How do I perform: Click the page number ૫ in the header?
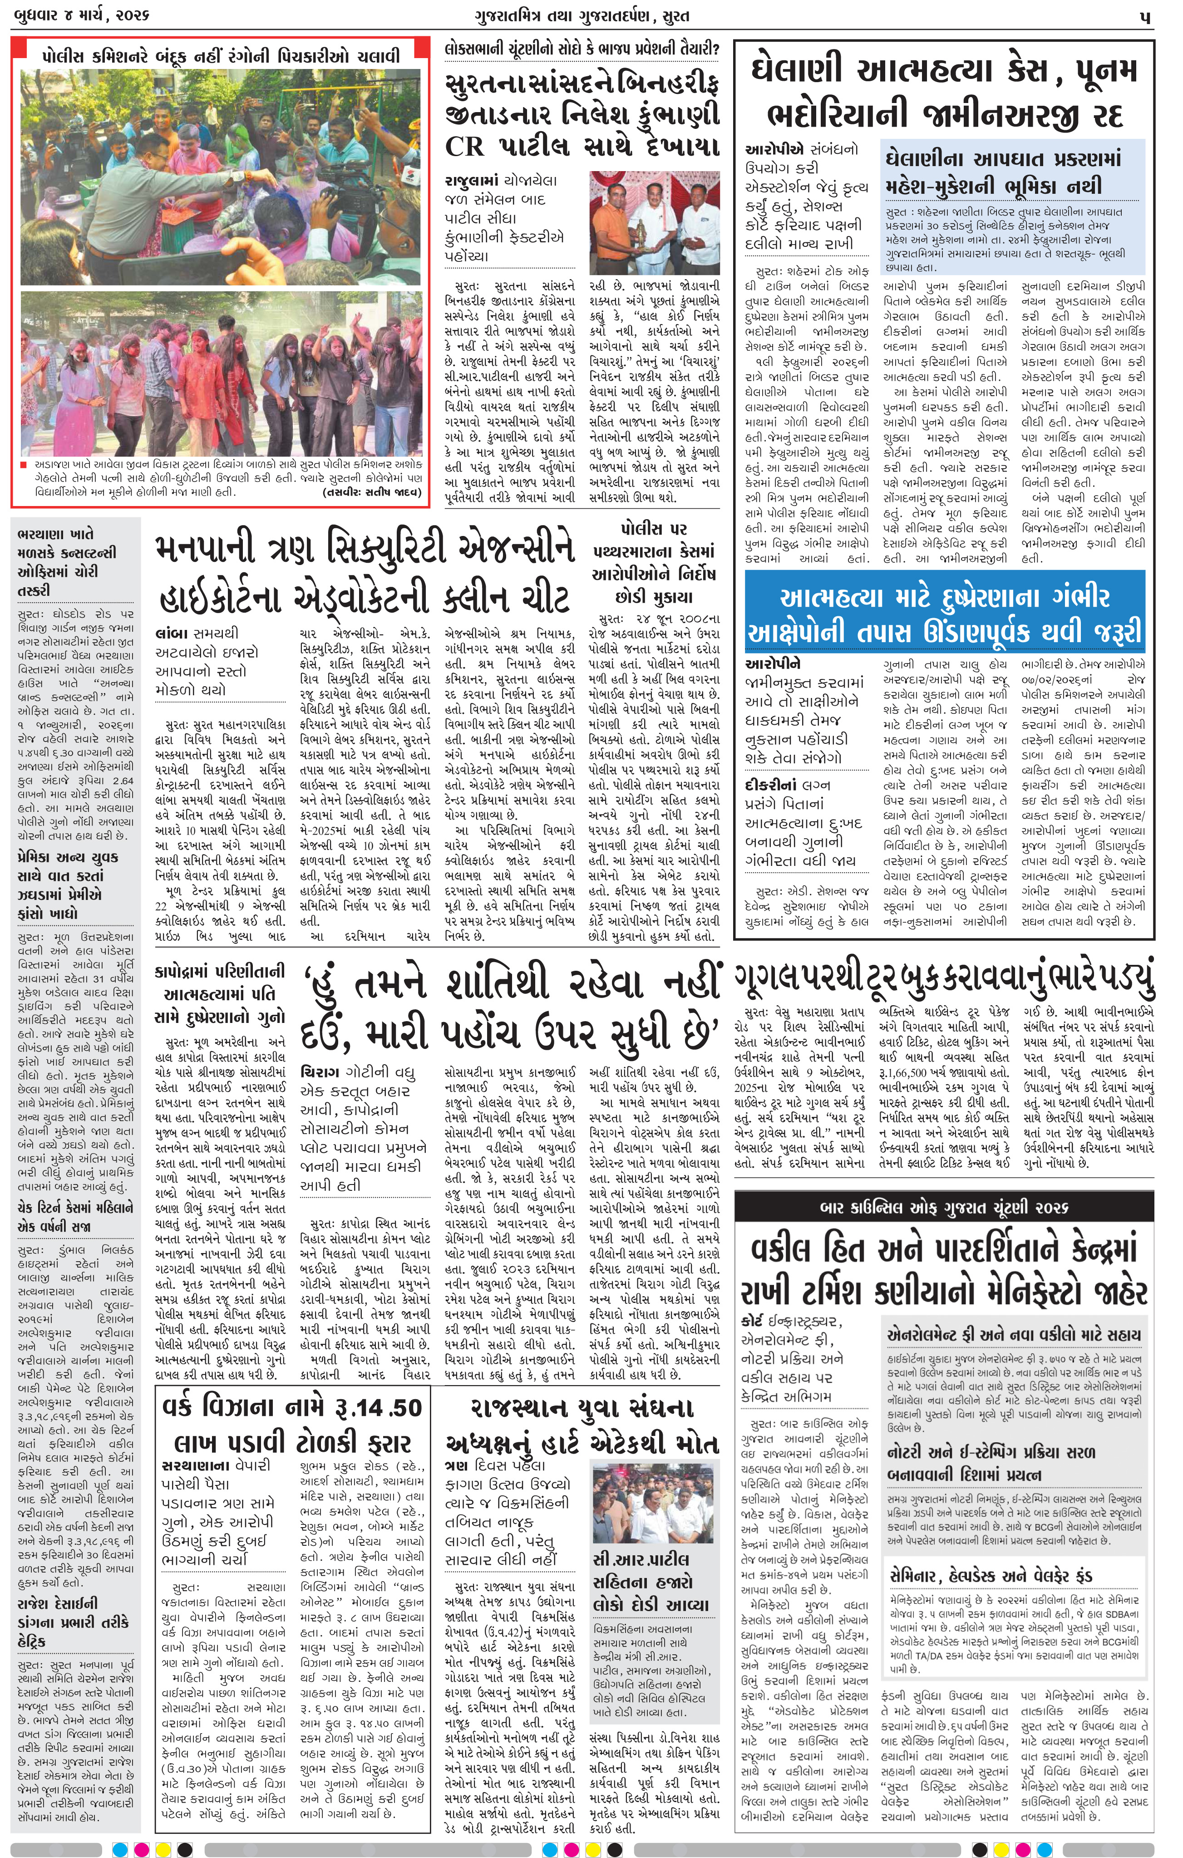pos(1145,16)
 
